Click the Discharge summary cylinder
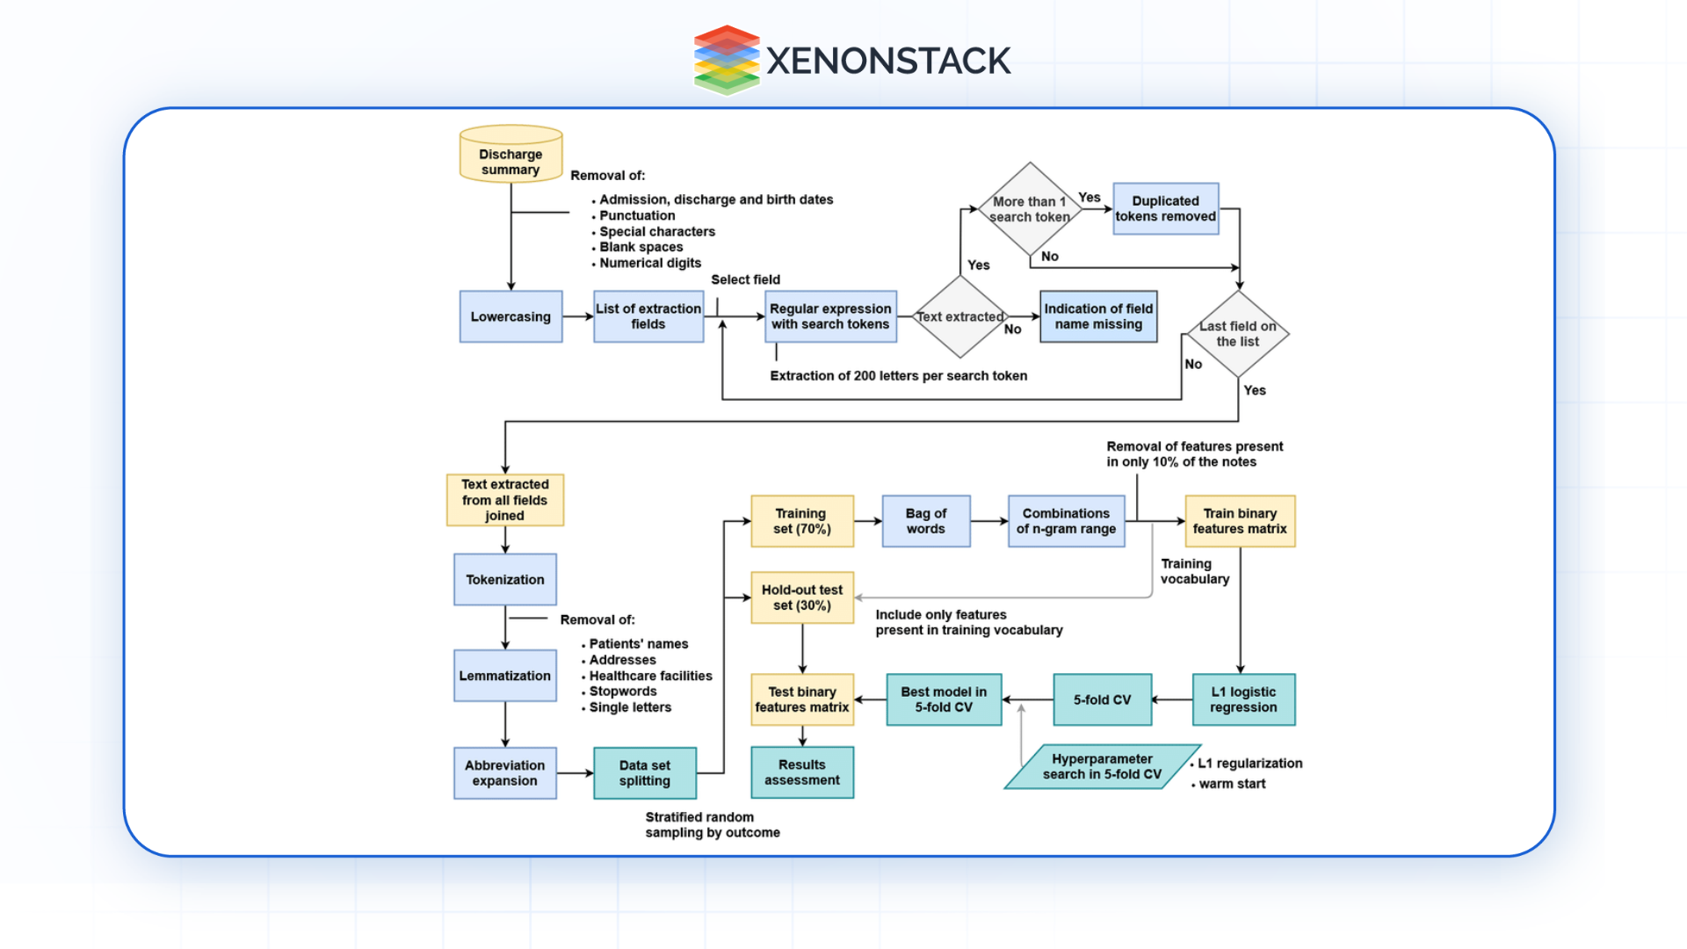(510, 156)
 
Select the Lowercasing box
(510, 316)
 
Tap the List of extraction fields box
(648, 316)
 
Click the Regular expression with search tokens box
(830, 316)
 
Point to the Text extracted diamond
(960, 317)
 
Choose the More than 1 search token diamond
(1030, 209)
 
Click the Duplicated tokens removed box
(1165, 208)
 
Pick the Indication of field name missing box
(1098, 316)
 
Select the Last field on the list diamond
(1238, 334)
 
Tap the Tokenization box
(505, 580)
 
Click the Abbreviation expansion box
(505, 773)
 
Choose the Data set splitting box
(645, 773)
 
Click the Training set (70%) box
(801, 521)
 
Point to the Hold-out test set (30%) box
(801, 598)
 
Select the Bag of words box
(926, 521)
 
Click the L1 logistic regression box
(1243, 699)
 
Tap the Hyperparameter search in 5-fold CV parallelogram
(1102, 767)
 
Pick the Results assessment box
(801, 772)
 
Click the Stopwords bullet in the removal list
(623, 692)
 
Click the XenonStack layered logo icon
(727, 60)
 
